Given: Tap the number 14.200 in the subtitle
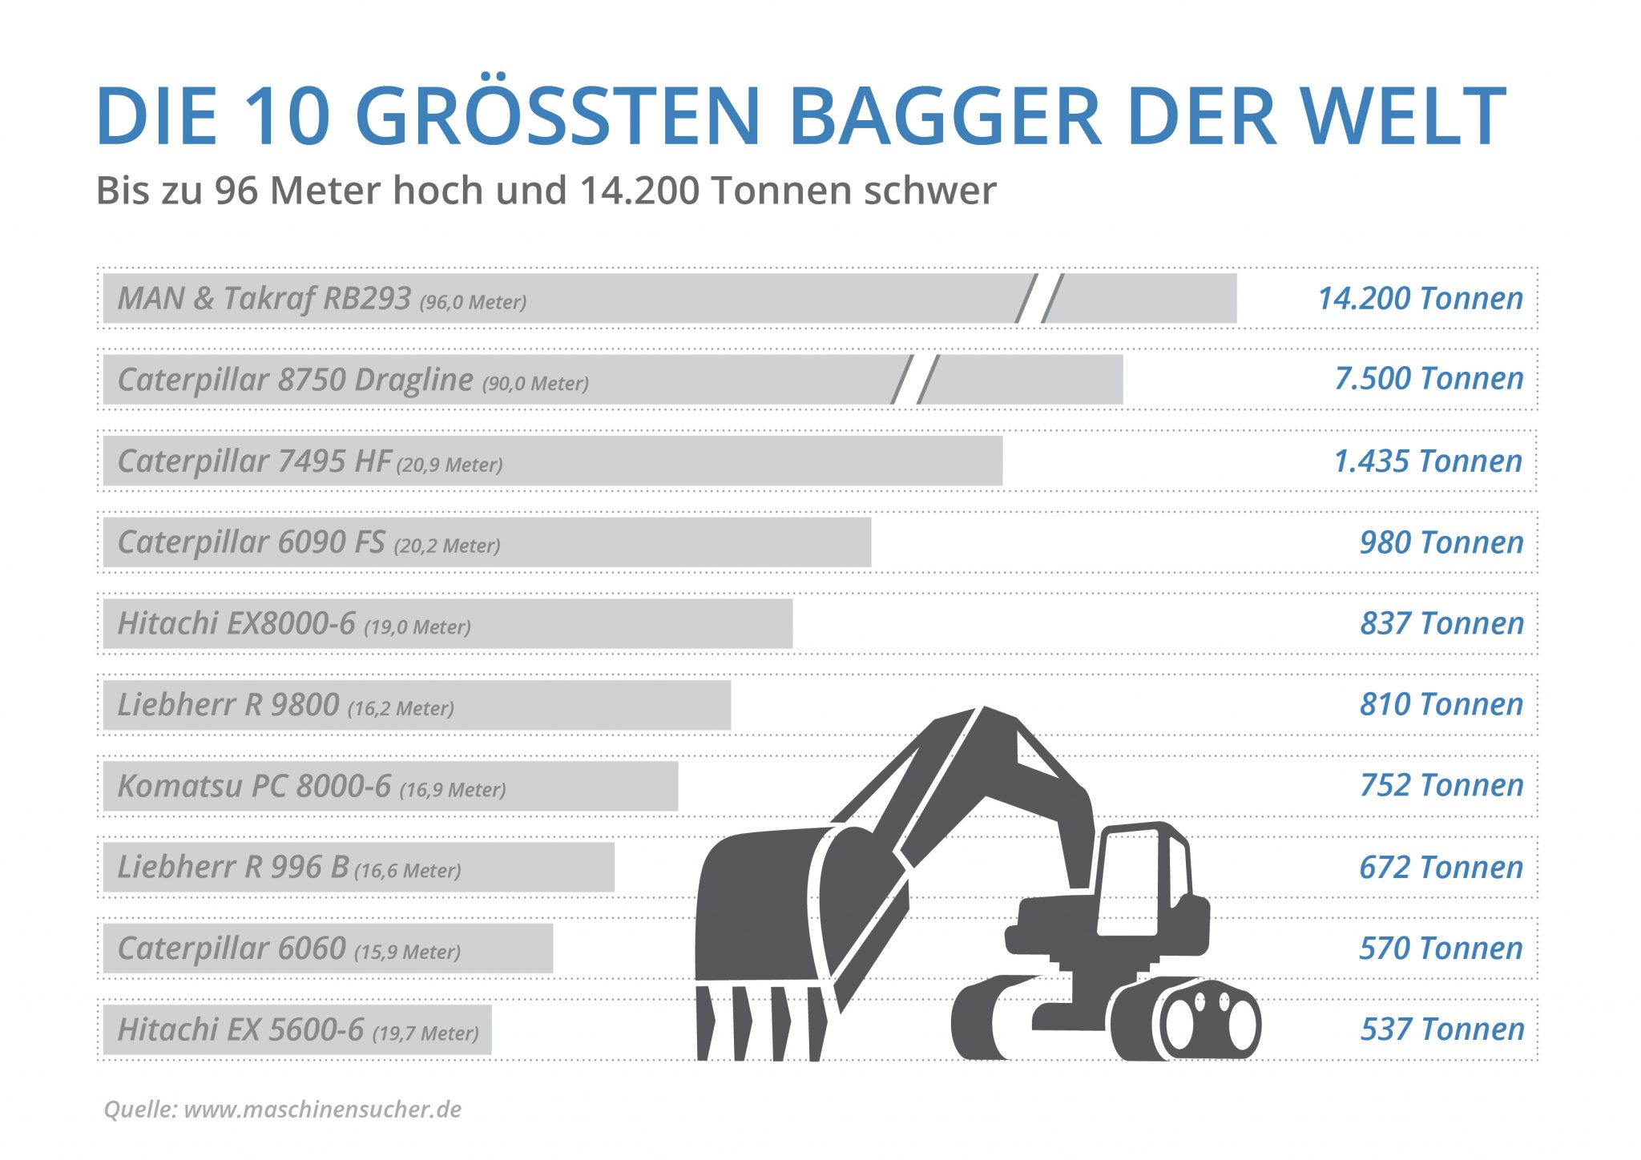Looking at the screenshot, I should [x=639, y=191].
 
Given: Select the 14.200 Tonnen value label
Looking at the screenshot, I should [x=1420, y=298].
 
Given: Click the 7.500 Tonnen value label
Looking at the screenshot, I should [x=1428, y=378].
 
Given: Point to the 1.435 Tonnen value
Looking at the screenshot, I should [x=1427, y=461].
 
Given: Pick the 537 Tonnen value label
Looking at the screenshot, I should [x=1441, y=1029].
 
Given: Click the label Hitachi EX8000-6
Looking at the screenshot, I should [x=236, y=623].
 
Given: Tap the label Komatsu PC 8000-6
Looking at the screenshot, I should [x=254, y=786].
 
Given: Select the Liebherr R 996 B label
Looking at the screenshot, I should [x=232, y=867].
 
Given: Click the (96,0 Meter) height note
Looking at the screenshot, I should [x=473, y=302].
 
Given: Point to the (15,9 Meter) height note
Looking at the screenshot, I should [x=407, y=952].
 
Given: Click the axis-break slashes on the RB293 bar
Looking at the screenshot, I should [x=1039, y=298].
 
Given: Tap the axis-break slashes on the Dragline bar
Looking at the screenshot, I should [x=915, y=380].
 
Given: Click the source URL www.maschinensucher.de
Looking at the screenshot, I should [x=322, y=1110].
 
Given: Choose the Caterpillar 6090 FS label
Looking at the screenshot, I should [x=251, y=542].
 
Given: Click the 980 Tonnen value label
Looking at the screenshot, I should [x=1441, y=543].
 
